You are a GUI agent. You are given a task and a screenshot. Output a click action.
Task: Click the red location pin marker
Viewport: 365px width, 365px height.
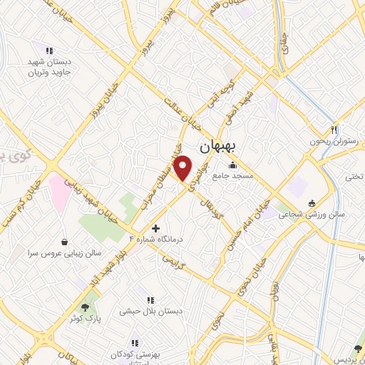tap(184, 168)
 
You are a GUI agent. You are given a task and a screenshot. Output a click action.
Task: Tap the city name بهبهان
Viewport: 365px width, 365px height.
tap(223, 146)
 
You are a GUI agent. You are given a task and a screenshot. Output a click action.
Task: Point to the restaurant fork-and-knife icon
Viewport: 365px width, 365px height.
tap(332, 130)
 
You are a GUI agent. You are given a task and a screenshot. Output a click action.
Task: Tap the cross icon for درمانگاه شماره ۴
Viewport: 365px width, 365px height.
tap(156, 229)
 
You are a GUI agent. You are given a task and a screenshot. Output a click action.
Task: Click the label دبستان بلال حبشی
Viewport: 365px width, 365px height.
tap(150, 311)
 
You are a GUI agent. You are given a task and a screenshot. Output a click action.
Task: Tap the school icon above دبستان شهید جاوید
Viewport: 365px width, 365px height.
tap(48, 51)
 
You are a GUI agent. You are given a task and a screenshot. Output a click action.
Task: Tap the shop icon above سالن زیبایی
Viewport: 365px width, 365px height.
tap(65, 241)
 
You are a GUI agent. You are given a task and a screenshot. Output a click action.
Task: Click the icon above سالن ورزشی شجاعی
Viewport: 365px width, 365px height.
tap(310, 204)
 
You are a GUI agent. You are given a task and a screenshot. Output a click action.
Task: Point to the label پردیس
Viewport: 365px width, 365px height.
tap(351, 354)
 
